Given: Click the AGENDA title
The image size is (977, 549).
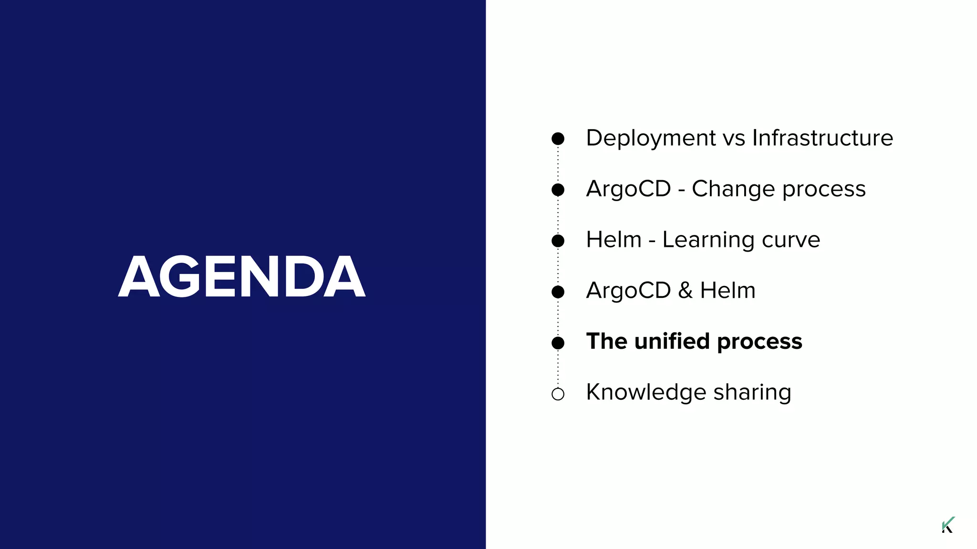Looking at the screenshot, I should pyautogui.click(x=242, y=276).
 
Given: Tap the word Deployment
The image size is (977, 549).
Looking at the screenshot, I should pyautogui.click(x=651, y=138).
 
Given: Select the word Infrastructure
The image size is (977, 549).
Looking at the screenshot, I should pyautogui.click(x=822, y=138).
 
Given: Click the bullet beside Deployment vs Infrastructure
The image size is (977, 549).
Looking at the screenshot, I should pyautogui.click(x=558, y=139).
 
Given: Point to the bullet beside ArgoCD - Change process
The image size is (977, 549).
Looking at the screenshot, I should pyautogui.click(x=558, y=190).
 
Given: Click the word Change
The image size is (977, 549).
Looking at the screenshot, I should pyautogui.click(x=733, y=189).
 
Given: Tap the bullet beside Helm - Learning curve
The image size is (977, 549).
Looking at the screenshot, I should pyautogui.click(x=558, y=241).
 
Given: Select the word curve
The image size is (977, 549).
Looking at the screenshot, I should pyautogui.click(x=790, y=240).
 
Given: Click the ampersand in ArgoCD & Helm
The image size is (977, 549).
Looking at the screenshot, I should pyautogui.click(x=685, y=291).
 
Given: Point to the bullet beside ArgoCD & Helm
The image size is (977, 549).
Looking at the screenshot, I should pyautogui.click(x=558, y=292).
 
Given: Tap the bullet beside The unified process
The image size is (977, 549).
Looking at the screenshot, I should pyautogui.click(x=558, y=343).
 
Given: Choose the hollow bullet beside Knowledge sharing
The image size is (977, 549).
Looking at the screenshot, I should pyautogui.click(x=558, y=394).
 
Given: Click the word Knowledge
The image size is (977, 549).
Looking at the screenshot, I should pyautogui.click(x=646, y=393).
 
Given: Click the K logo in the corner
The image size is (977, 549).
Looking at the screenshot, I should pyautogui.click(x=948, y=525).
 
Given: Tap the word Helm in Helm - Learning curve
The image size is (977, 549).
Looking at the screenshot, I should pyautogui.click(x=613, y=240).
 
